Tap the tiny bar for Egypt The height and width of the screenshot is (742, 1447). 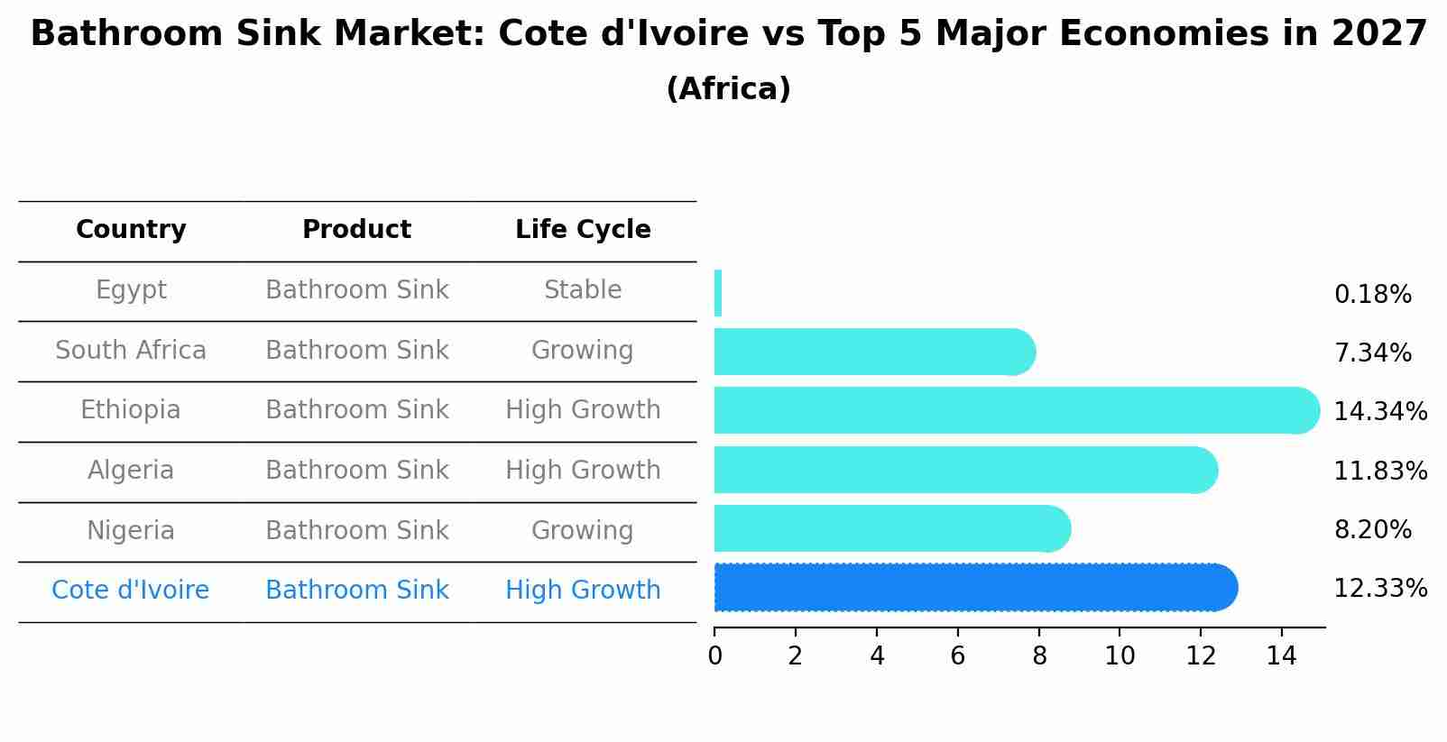pyautogui.click(x=718, y=293)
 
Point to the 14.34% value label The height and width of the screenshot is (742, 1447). pyautogui.click(x=1379, y=412)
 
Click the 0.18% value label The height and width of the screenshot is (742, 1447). pyautogui.click(x=1372, y=295)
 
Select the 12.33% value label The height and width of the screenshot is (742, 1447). pyautogui.click(x=1379, y=589)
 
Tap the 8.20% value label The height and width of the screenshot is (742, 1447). pyautogui.click(x=1372, y=530)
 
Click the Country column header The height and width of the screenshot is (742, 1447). pyautogui.click(x=131, y=230)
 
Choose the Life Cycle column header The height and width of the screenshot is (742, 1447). pyautogui.click(x=583, y=230)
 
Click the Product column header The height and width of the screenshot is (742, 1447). pyautogui.click(x=356, y=230)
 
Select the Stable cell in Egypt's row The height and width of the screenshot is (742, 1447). pyautogui.click(x=583, y=290)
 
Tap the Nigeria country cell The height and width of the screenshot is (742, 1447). pyautogui.click(x=131, y=530)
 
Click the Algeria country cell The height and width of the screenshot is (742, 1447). pyautogui.click(x=131, y=471)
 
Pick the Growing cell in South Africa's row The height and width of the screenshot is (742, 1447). pyautogui.click(x=583, y=350)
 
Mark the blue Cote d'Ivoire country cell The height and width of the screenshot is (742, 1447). pyautogui.click(x=131, y=591)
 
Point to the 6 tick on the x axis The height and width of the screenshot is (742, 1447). pyautogui.click(x=958, y=656)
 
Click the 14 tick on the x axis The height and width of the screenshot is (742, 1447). pyautogui.click(x=1281, y=656)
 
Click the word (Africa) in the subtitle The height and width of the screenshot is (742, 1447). pyautogui.click(x=728, y=89)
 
